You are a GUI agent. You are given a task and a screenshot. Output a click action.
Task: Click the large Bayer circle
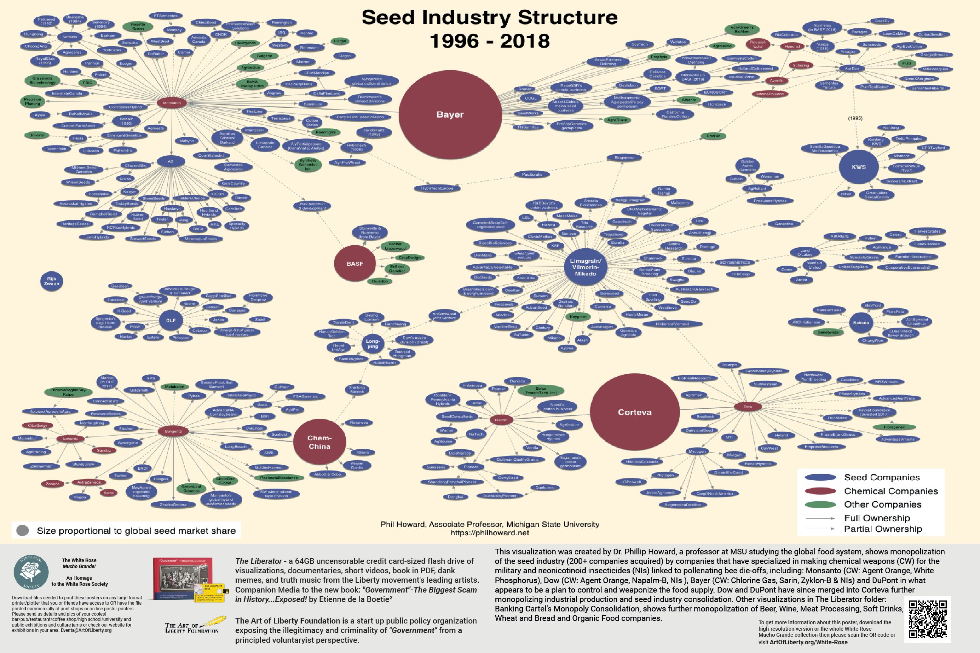point(450,114)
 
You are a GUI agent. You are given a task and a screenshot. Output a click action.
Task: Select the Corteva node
point(634,412)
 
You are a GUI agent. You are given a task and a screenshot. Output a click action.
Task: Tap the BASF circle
point(355,264)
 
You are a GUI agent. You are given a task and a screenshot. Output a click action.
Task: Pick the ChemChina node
point(319,442)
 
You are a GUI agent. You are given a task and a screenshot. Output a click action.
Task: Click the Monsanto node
point(172,103)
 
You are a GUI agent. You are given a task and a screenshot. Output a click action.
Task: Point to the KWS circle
point(858,167)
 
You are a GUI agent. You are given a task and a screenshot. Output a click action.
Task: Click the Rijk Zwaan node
point(52,281)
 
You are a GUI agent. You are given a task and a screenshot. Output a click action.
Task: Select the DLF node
point(171,320)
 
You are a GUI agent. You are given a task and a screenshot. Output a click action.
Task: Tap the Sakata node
point(861,323)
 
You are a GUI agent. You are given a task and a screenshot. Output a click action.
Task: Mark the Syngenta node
point(173,432)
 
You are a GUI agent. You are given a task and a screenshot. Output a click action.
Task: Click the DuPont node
point(501,420)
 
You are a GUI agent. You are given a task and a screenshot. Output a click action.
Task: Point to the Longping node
point(372,344)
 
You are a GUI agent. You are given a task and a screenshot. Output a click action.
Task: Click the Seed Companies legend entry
point(882,477)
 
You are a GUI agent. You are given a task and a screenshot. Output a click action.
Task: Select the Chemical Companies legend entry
point(890,491)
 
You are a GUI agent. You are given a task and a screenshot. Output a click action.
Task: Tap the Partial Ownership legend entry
point(882,529)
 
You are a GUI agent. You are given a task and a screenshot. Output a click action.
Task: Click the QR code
point(927,619)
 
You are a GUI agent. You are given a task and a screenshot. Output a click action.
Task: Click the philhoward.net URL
point(490,533)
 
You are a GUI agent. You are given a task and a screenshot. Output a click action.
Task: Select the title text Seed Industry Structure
point(490,17)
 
